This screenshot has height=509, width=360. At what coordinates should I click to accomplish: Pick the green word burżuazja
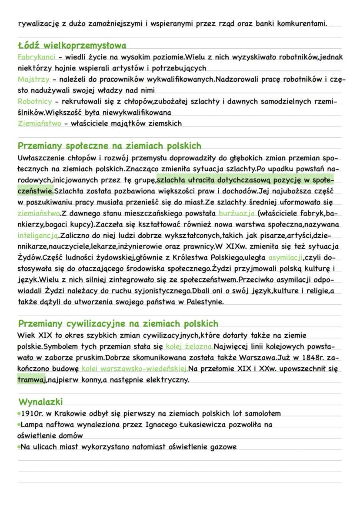pos(237,213)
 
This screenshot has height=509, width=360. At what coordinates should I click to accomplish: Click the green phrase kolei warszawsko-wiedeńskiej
pos(135,369)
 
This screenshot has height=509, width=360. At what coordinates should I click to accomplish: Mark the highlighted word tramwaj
pos(32,380)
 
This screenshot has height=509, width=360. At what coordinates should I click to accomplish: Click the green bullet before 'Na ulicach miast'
pos(19,446)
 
